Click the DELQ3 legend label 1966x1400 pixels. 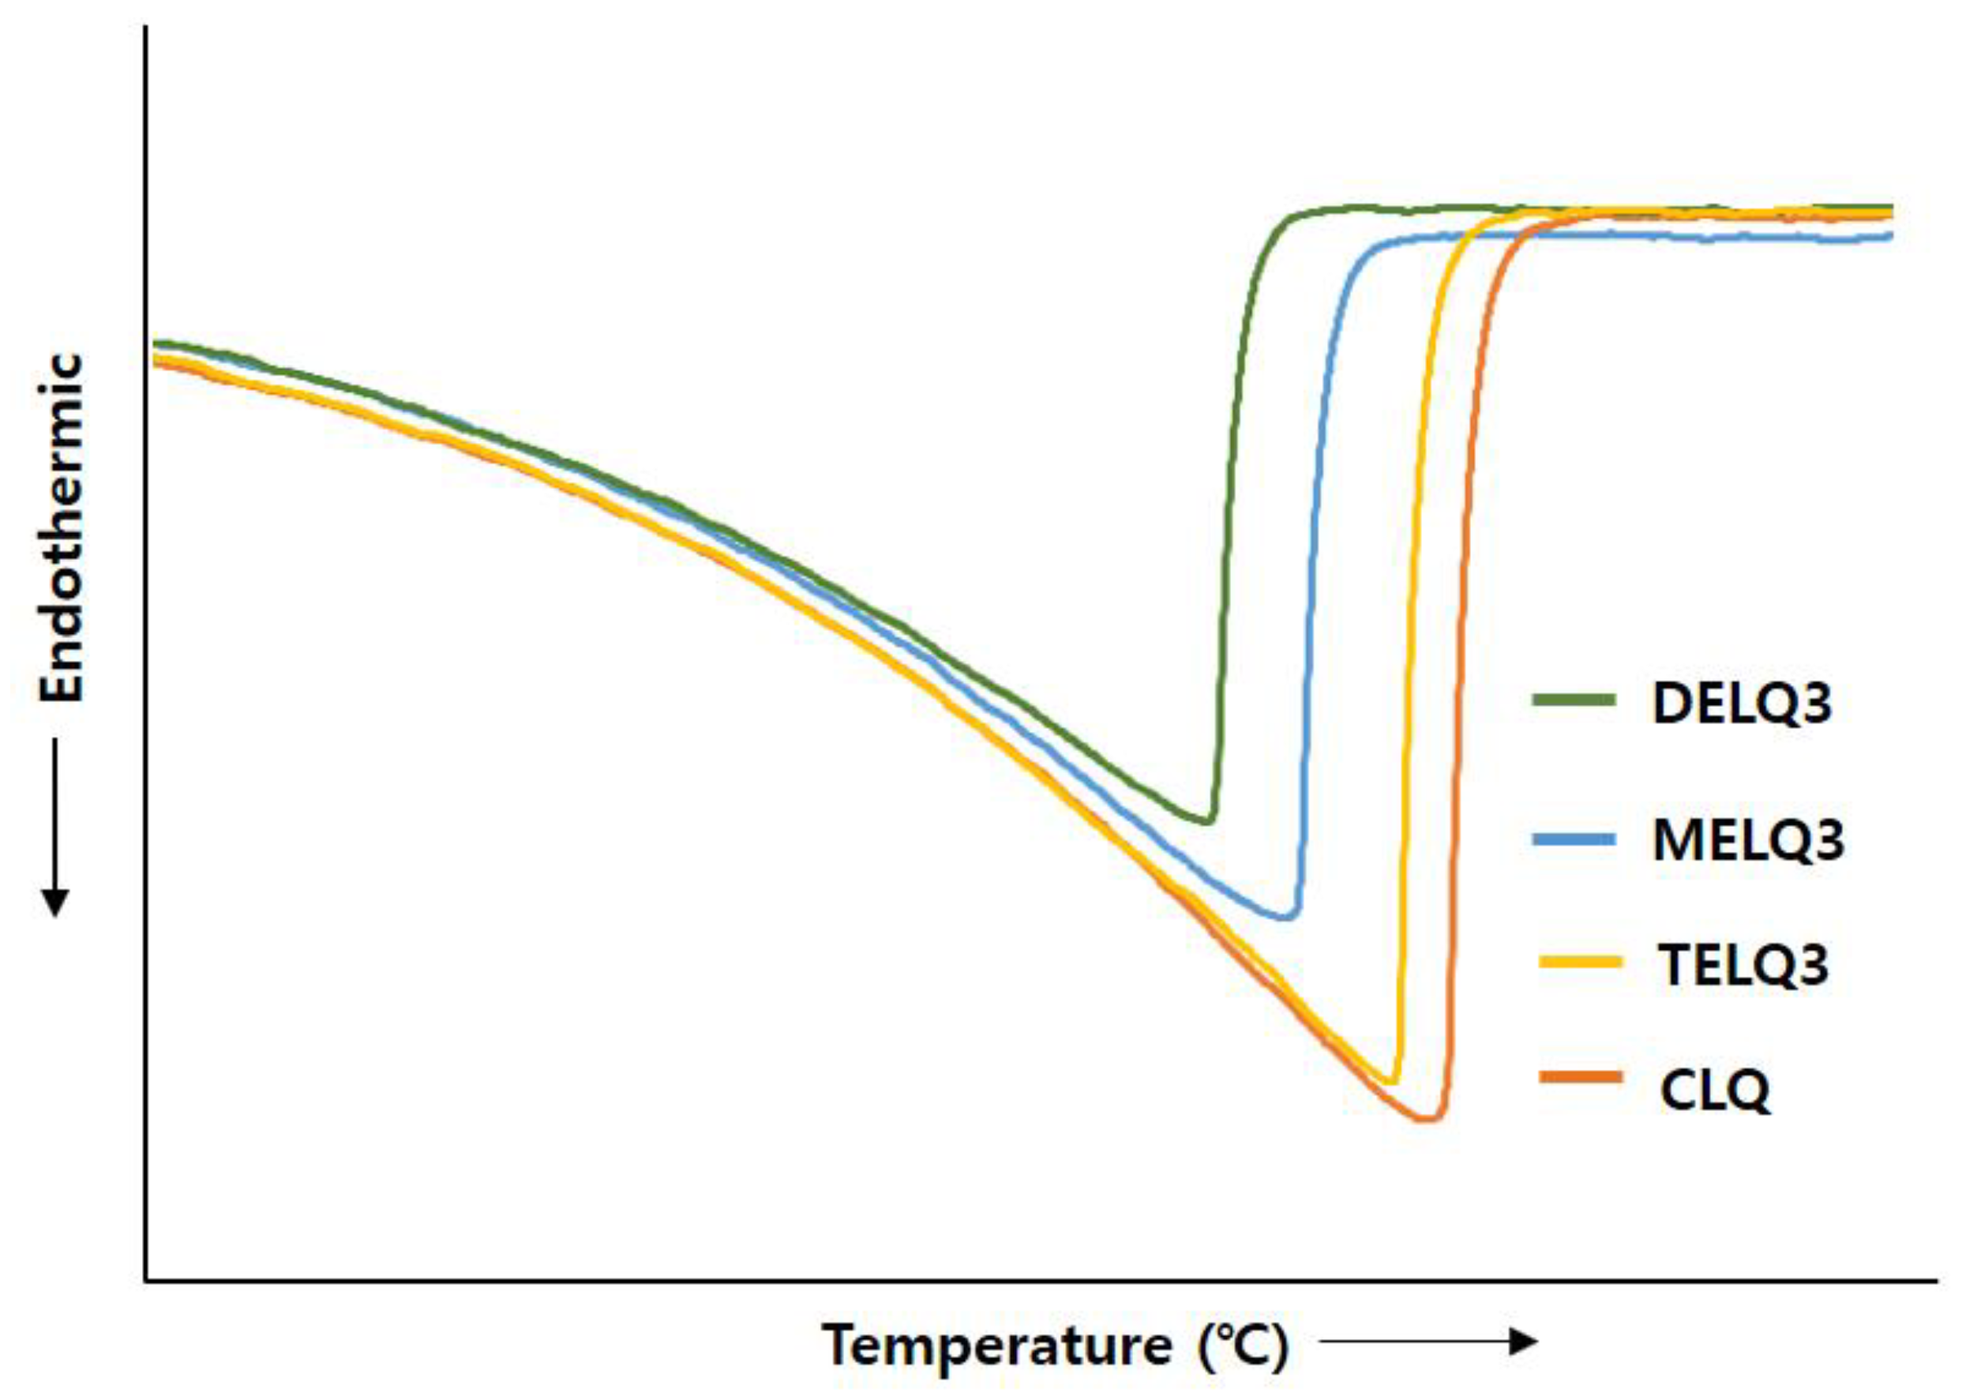(x=1741, y=704)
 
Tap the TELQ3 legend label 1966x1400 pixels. (x=1743, y=966)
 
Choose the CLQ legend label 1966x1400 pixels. (x=1714, y=1090)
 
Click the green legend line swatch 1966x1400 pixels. (x=1573, y=699)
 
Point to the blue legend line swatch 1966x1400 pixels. (x=1573, y=838)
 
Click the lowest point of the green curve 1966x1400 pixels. (x=1206, y=820)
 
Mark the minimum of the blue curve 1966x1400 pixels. (x=1286, y=917)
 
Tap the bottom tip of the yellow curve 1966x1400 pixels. (x=1390, y=1082)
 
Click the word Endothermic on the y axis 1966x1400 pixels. (x=62, y=527)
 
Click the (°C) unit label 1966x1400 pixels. (x=1242, y=1346)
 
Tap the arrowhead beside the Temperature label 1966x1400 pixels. (x=1526, y=1342)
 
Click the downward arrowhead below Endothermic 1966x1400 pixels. (x=56, y=903)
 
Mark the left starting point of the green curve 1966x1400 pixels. (x=155, y=344)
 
